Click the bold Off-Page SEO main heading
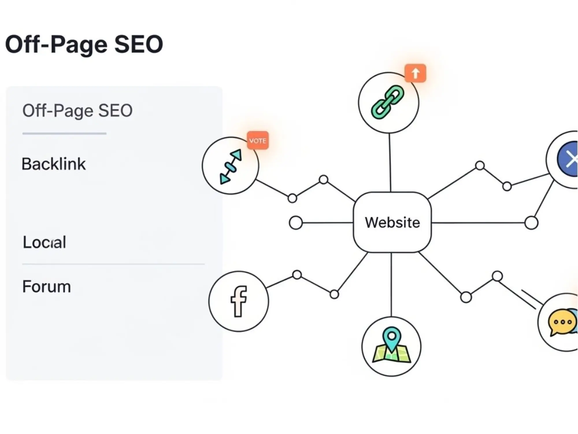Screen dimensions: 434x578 [x=84, y=44]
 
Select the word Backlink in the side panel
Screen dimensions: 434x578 [x=54, y=164]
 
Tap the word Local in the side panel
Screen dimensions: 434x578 [x=45, y=242]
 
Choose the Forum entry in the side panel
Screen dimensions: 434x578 [x=47, y=287]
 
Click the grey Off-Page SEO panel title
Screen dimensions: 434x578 [x=77, y=111]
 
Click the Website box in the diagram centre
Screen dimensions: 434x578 [x=392, y=222]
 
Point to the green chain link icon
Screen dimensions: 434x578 [x=387, y=102]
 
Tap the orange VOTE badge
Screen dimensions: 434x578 [x=257, y=141]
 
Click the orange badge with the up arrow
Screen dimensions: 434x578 [x=415, y=73]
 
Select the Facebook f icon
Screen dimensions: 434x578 [x=239, y=301]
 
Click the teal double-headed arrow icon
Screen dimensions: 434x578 [x=230, y=167]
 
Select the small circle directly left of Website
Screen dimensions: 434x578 [x=296, y=223]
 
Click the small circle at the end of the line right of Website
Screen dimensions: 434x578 [x=531, y=223]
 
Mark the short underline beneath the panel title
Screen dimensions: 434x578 [x=64, y=133]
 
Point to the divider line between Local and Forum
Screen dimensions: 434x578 [x=113, y=264]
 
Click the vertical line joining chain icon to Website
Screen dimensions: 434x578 [x=390, y=162]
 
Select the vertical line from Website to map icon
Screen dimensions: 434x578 [x=391, y=284]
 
